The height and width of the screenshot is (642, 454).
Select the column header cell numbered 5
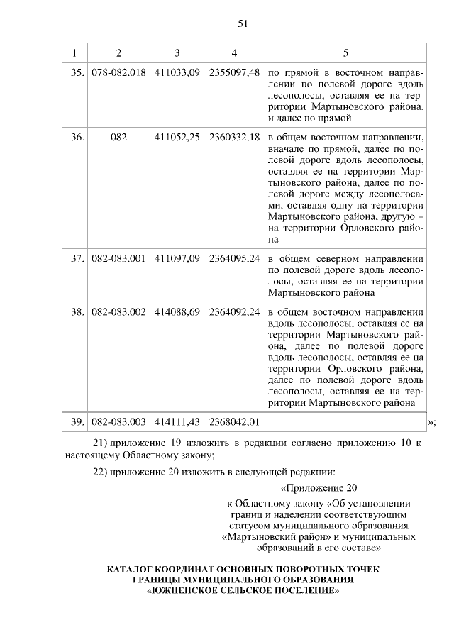click(x=345, y=53)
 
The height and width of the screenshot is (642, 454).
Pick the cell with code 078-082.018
click(x=118, y=73)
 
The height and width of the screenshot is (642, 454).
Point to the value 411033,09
click(x=177, y=73)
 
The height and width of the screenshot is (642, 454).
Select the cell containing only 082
click(x=118, y=137)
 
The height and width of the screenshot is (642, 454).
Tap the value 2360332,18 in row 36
click(x=234, y=137)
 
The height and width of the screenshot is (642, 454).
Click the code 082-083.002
click(x=118, y=311)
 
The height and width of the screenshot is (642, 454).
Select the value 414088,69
click(x=177, y=311)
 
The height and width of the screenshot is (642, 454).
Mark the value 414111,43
click(x=177, y=421)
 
